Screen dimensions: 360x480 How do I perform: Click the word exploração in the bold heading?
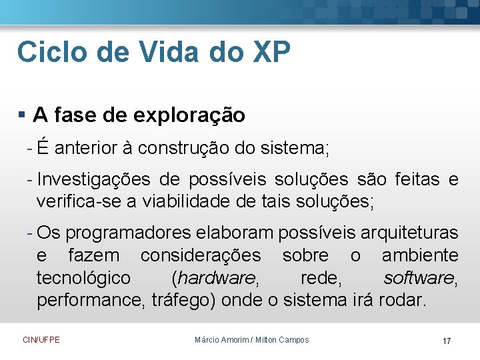click(189, 116)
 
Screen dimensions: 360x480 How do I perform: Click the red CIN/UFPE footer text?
click(41, 340)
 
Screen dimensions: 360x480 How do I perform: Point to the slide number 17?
click(447, 341)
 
